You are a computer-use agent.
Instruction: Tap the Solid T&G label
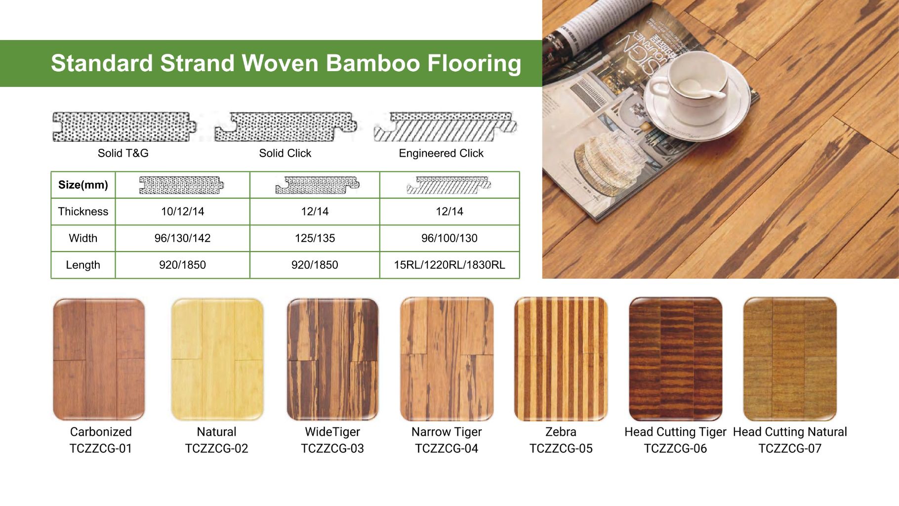pos(123,153)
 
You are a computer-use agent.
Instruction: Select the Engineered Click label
pos(441,153)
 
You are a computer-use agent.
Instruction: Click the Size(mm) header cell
pos(83,185)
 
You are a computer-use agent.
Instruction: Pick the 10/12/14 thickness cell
pos(182,211)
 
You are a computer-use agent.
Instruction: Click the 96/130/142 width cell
pos(182,238)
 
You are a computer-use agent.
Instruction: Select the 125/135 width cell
pos(315,238)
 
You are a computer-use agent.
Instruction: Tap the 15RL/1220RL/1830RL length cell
pos(449,265)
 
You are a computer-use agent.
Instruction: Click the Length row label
pos(83,265)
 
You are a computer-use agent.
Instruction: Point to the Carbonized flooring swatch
pos(99,359)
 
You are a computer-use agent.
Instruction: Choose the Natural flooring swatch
pos(217,359)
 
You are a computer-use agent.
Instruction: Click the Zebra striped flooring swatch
pos(561,359)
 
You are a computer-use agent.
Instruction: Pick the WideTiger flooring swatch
pos(332,359)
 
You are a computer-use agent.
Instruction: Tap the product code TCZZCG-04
pos(447,449)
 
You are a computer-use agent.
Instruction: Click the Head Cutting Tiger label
pos(675,432)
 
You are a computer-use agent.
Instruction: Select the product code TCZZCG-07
pos(790,449)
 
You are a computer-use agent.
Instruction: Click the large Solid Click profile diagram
pos(286,127)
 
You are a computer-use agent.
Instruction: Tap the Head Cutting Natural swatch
pos(790,359)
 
